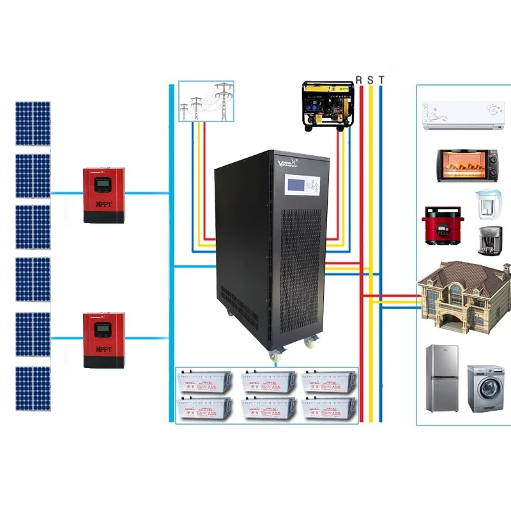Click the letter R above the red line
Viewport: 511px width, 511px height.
pos(359,79)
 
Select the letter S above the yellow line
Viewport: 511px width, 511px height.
pos(370,79)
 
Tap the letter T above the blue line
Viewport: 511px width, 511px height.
pos(381,79)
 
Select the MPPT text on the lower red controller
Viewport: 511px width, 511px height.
pos(103,349)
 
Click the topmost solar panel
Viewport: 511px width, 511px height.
pos(33,123)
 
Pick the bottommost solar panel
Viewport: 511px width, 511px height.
pos(33,388)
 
